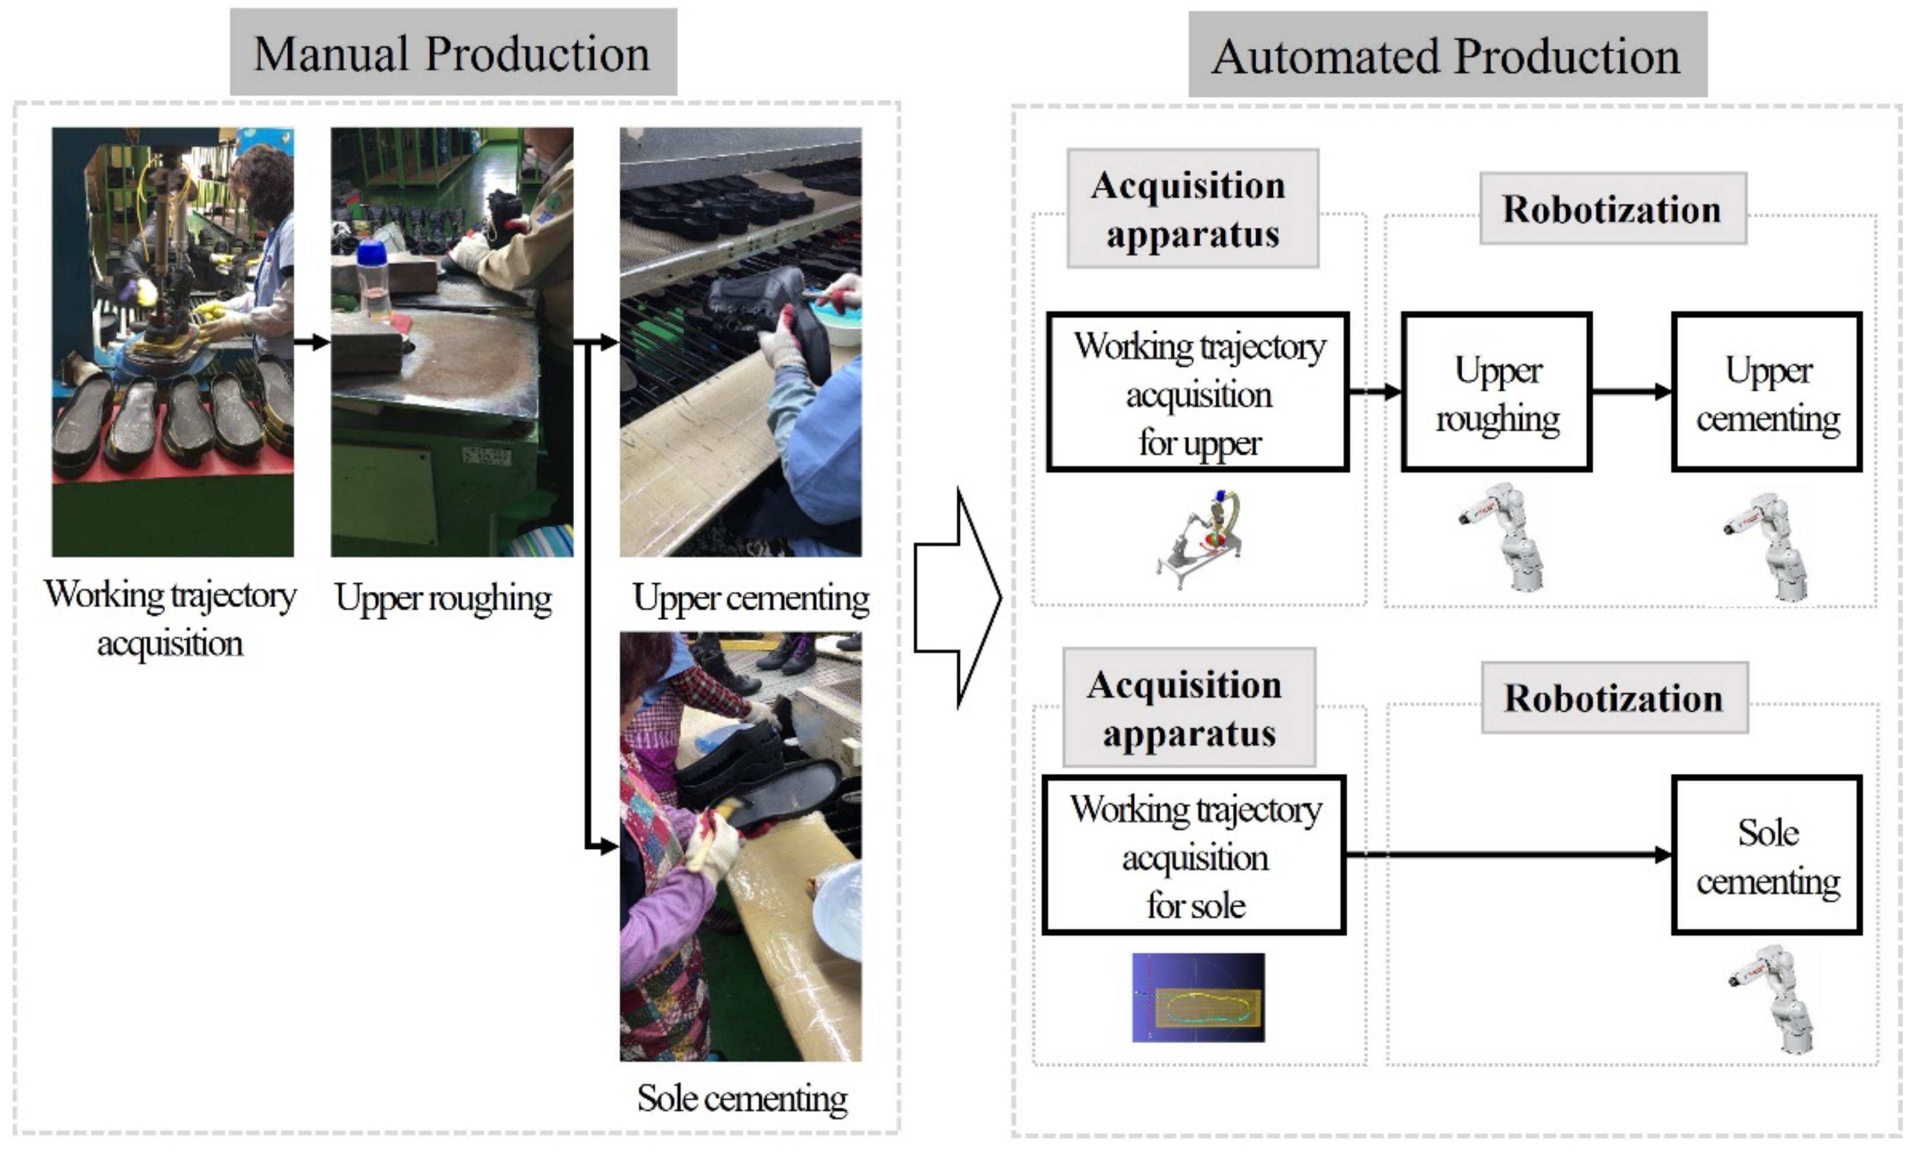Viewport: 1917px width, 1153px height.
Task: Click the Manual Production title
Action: click(453, 53)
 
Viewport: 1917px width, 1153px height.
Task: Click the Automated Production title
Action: click(1447, 55)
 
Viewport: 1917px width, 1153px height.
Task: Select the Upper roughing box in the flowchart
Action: click(1496, 392)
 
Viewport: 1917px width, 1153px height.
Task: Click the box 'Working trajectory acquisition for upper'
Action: click(1198, 392)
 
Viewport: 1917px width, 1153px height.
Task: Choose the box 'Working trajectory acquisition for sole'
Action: click(1195, 855)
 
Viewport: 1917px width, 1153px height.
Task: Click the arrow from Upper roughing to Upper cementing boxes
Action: click(1631, 392)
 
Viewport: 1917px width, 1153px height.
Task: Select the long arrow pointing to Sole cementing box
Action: click(1508, 855)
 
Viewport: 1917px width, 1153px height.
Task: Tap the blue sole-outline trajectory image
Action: click(1198, 997)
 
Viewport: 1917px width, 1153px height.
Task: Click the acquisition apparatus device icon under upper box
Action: click(1201, 538)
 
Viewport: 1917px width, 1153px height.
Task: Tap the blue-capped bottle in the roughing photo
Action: click(374, 279)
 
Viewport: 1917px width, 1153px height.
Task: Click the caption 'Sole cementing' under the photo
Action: click(742, 1098)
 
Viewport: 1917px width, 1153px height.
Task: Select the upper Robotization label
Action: click(1612, 209)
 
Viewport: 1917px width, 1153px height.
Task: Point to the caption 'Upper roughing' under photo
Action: click(443, 598)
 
